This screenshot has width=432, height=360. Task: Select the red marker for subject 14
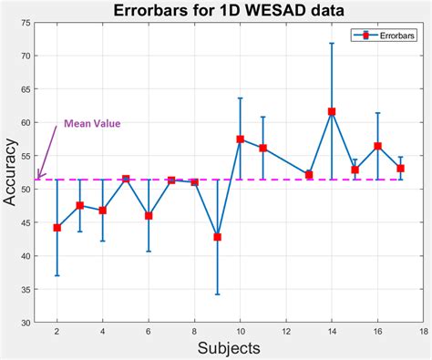(332, 111)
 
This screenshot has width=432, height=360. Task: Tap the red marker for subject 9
(217, 237)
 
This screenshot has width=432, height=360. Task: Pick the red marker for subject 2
(57, 228)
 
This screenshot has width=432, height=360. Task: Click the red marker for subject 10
(240, 139)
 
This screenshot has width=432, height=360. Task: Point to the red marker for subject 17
(400, 169)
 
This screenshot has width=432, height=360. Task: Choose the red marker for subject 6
(149, 216)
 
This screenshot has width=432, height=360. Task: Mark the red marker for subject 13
(309, 174)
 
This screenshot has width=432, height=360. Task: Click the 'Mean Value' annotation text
(91, 124)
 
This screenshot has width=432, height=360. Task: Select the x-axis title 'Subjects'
(230, 348)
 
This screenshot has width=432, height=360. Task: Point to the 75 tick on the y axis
(25, 23)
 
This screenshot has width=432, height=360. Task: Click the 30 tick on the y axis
(25, 323)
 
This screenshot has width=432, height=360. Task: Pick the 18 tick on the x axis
(423, 332)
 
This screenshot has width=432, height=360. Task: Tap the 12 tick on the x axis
(285, 332)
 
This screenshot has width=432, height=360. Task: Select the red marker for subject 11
(262, 149)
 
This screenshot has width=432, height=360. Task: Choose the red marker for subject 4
(103, 211)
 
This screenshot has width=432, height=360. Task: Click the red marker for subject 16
(377, 146)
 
